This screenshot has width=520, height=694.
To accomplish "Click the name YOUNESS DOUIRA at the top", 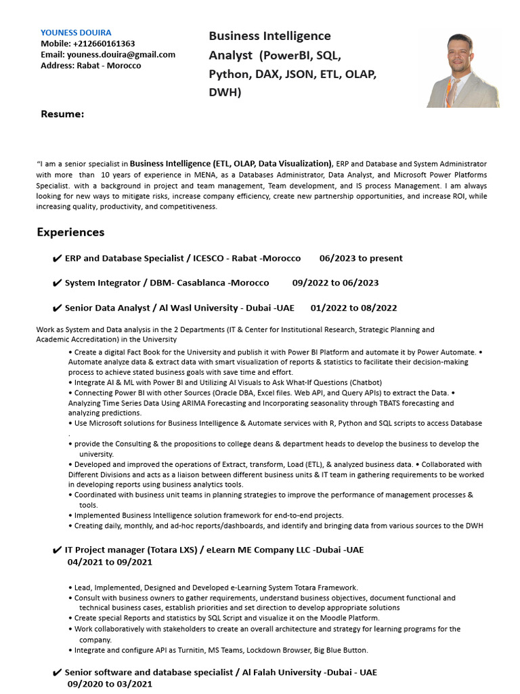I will [x=76, y=33].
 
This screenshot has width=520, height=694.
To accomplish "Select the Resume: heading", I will [x=62, y=114].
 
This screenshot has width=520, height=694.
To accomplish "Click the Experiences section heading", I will [x=70, y=232].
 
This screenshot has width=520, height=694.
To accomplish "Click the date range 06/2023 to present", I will [x=361, y=258].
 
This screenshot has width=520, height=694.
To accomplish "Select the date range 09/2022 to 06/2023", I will [x=335, y=283].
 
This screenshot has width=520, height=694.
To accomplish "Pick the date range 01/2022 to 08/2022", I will [x=353, y=308].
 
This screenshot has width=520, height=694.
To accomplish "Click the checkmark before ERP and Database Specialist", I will [x=57, y=259].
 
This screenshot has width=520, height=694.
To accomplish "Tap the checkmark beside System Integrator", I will [x=57, y=283].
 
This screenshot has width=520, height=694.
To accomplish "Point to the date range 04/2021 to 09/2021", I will [x=110, y=562].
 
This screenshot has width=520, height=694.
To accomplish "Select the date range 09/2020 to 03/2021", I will [x=110, y=684].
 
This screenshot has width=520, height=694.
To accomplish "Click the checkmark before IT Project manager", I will [x=57, y=550].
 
